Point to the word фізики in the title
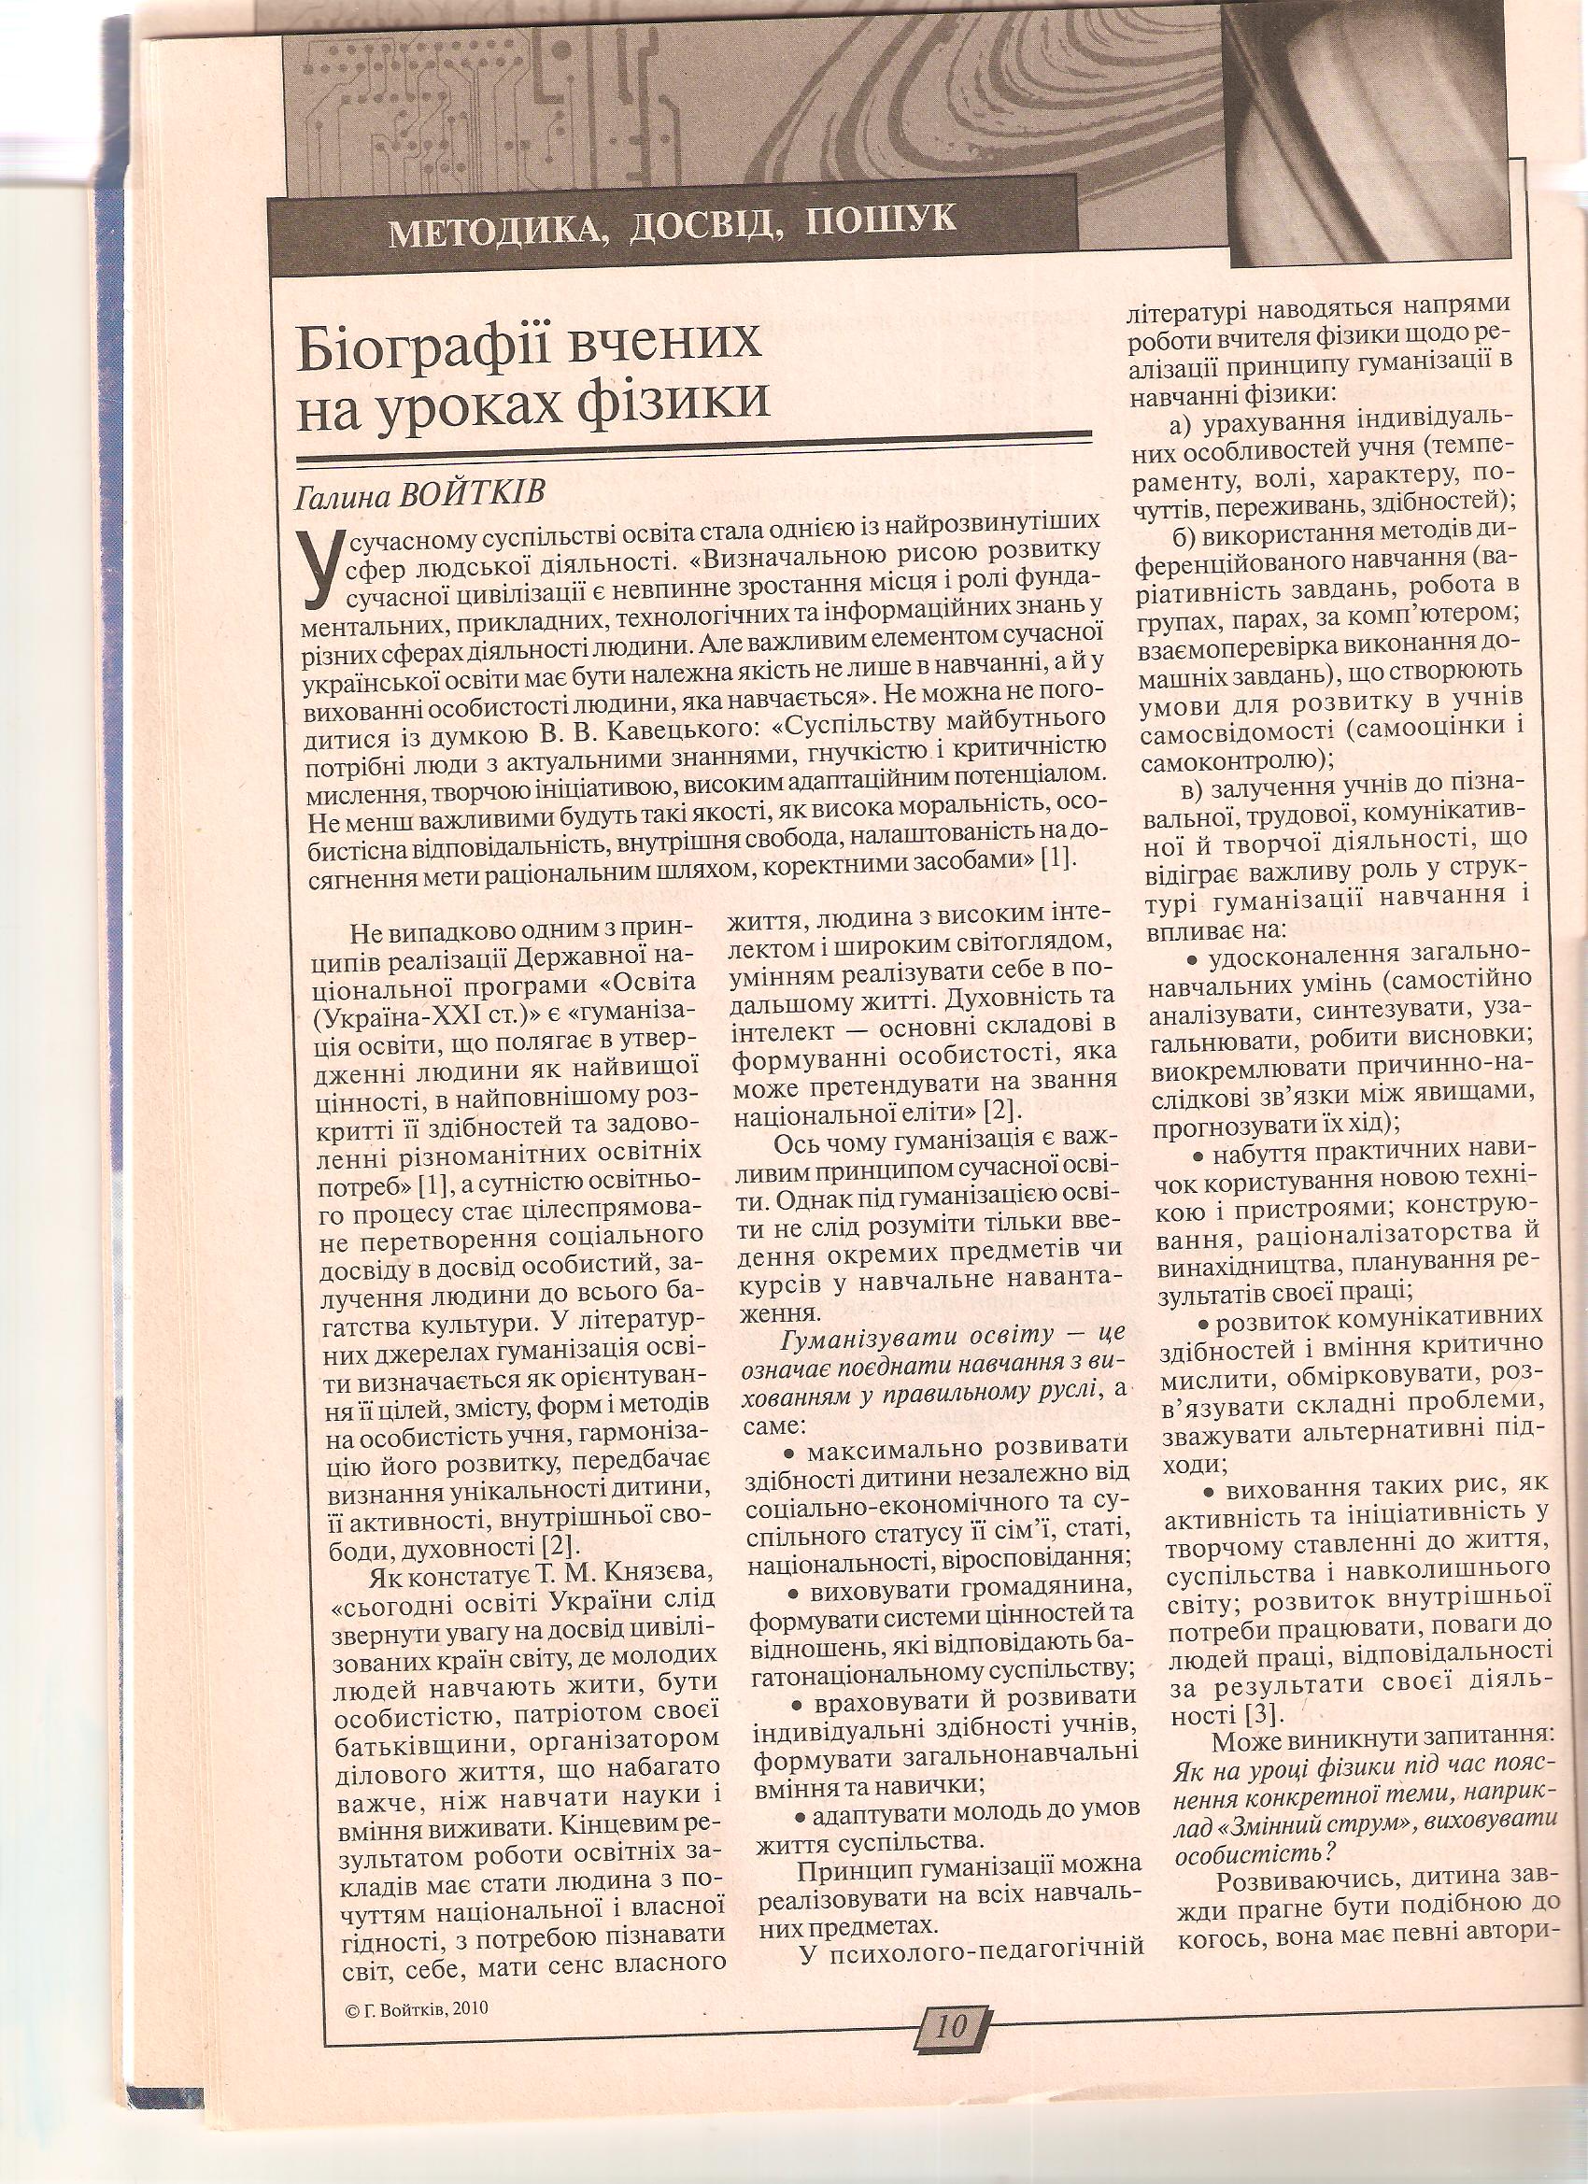(685, 398)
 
